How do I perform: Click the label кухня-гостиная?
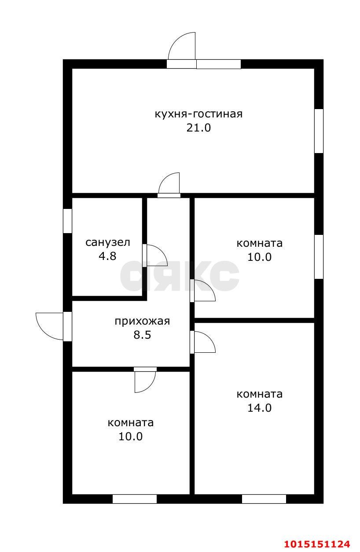coord(198,114)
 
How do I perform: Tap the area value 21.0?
coord(198,128)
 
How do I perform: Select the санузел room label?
coord(108,242)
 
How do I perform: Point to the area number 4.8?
coord(108,256)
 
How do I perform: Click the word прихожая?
coord(142,321)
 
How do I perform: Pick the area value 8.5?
coord(142,335)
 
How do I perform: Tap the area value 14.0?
coord(260,408)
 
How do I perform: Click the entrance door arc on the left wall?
coord(50,326)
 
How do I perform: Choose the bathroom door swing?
coord(155,254)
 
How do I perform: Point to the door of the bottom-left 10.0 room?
coord(145,380)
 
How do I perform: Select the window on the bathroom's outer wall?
coord(67,221)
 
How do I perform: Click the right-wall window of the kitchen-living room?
coord(319,131)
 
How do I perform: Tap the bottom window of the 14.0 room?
coord(264,499)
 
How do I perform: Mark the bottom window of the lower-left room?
coord(135,499)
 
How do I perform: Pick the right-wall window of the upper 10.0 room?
coord(319,257)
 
